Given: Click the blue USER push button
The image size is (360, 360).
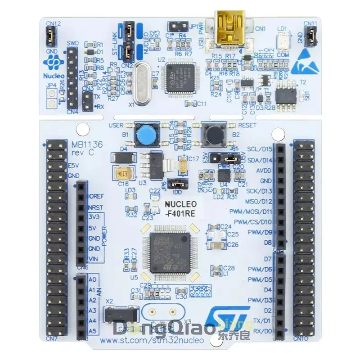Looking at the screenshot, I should click(144, 134).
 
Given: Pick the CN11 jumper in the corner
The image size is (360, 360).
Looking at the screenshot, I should click(310, 36).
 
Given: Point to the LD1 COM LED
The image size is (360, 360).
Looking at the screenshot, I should click(283, 40).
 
